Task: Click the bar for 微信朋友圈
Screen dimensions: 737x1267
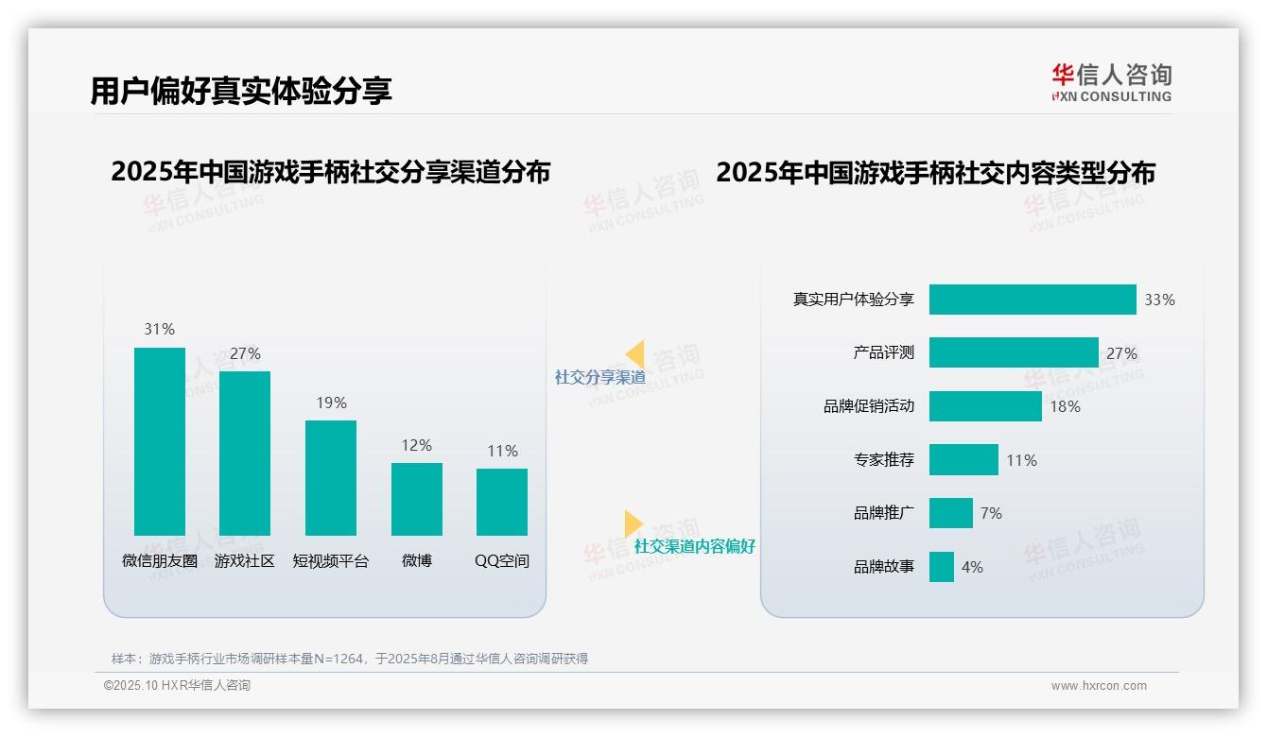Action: coord(159,441)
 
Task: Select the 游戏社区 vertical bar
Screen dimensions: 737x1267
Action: coord(245,454)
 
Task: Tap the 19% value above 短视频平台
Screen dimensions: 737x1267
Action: coord(331,403)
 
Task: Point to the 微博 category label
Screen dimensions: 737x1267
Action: coord(416,560)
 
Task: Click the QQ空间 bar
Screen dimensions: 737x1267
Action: coord(502,502)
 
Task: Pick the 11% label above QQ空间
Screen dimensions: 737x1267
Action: coord(502,452)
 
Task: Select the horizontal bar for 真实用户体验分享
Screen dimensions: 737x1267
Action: coord(1033,300)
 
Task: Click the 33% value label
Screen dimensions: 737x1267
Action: coord(1159,300)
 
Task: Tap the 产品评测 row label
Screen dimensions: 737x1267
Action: coord(883,352)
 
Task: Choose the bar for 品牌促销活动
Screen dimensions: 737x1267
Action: coord(985,406)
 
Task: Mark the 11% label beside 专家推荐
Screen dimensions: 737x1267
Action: coord(1021,460)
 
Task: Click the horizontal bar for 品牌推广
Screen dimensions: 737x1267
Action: coord(950,513)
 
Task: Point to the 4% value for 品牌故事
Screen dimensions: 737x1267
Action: coord(972,567)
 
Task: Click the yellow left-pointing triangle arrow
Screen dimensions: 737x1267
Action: coord(635,354)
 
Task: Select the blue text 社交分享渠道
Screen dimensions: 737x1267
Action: coord(600,377)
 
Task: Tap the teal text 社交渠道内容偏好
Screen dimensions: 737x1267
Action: coord(695,546)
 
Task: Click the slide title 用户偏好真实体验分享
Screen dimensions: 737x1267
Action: coord(241,91)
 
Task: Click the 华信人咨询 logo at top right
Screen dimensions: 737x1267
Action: coord(1111,82)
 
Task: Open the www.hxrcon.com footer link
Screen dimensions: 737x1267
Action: coord(1099,686)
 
